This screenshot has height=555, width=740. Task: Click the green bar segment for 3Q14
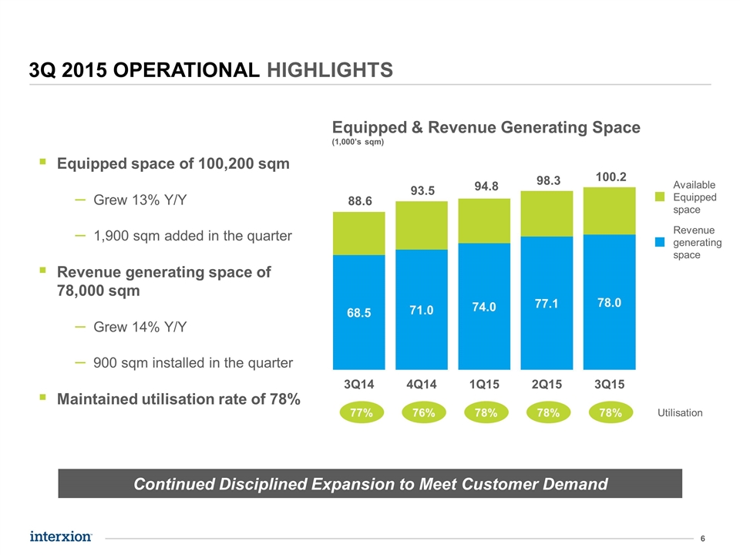coord(358,234)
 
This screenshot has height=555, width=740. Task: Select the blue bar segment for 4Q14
coord(422,310)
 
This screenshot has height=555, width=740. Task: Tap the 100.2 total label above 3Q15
coord(610,177)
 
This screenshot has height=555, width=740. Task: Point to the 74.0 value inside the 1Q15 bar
coord(484,308)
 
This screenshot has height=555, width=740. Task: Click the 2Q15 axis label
coord(547,384)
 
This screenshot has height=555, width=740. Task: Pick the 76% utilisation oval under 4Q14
coord(424,413)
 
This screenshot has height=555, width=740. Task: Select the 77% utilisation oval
coord(362,413)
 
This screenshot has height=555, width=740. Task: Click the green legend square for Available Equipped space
coord(660,197)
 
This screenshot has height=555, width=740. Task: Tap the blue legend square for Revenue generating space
coord(660,242)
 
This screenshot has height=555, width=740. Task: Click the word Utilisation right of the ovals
coord(680,413)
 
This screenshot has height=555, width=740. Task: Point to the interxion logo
coord(61,536)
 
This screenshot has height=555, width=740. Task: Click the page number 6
coord(703,539)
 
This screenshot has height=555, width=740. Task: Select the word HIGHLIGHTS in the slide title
coord(330,70)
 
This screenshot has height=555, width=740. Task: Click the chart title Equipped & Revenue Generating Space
coord(486,127)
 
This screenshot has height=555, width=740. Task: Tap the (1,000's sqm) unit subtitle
coord(358,142)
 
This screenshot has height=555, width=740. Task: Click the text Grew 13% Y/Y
coord(140,200)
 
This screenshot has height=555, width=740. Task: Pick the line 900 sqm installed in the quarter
coord(193,363)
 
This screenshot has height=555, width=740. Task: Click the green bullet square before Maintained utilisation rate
coord(43,398)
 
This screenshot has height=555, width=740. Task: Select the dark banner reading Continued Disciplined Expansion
coord(370,483)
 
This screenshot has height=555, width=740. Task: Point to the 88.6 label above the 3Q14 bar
coord(360,201)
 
